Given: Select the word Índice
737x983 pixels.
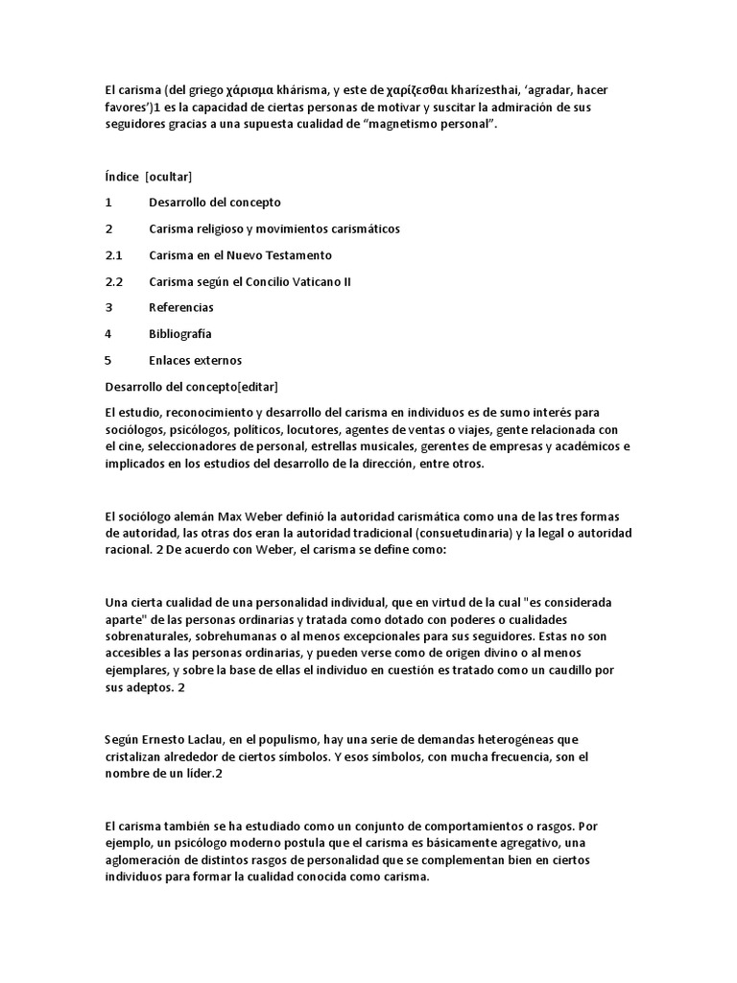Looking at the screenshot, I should (121, 177).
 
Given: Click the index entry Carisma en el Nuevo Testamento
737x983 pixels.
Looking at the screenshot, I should (240, 255).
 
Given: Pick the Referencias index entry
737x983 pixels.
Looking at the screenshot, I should (181, 308).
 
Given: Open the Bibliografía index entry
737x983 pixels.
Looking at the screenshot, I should (180, 334).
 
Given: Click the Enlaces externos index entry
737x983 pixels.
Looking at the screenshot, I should (195, 361).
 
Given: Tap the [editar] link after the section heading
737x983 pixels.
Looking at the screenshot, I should (256, 387).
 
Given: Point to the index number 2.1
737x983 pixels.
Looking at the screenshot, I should (115, 255).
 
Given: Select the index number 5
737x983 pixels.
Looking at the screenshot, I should (108, 361).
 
